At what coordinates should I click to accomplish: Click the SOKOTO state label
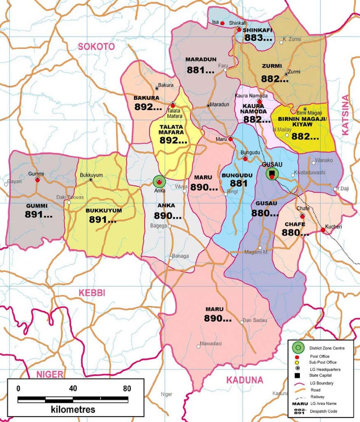[x=96, y=47]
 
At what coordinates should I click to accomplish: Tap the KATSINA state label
[x=345, y=115]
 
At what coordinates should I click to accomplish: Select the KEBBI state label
[x=91, y=293]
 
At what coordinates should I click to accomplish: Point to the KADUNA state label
[x=244, y=380]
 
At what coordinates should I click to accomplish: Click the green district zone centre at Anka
[x=159, y=181]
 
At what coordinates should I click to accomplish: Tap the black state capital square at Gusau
[x=271, y=173]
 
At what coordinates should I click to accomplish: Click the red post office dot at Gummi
[x=37, y=180]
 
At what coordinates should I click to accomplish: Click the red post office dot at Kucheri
[x=323, y=230]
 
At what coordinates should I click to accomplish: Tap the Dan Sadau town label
[x=255, y=320]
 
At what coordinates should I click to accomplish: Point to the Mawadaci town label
[x=210, y=343]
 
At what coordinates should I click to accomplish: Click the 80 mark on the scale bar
[x=127, y=388]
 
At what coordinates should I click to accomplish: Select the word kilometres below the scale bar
[x=73, y=410]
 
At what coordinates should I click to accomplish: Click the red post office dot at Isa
[x=222, y=23]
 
